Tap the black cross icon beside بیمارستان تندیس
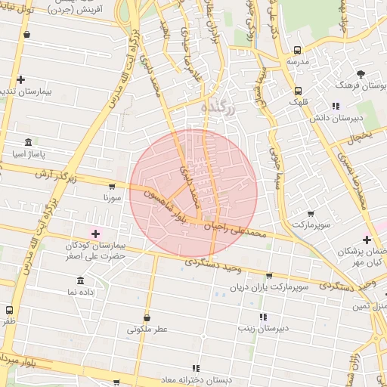click(20, 79)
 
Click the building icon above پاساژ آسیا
click(29, 143)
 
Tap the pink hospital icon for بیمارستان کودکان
click(95, 234)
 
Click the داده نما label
click(80, 291)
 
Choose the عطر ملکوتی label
click(147, 330)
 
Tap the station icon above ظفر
click(9, 310)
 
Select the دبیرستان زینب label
click(262, 328)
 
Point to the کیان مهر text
click(364, 262)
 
